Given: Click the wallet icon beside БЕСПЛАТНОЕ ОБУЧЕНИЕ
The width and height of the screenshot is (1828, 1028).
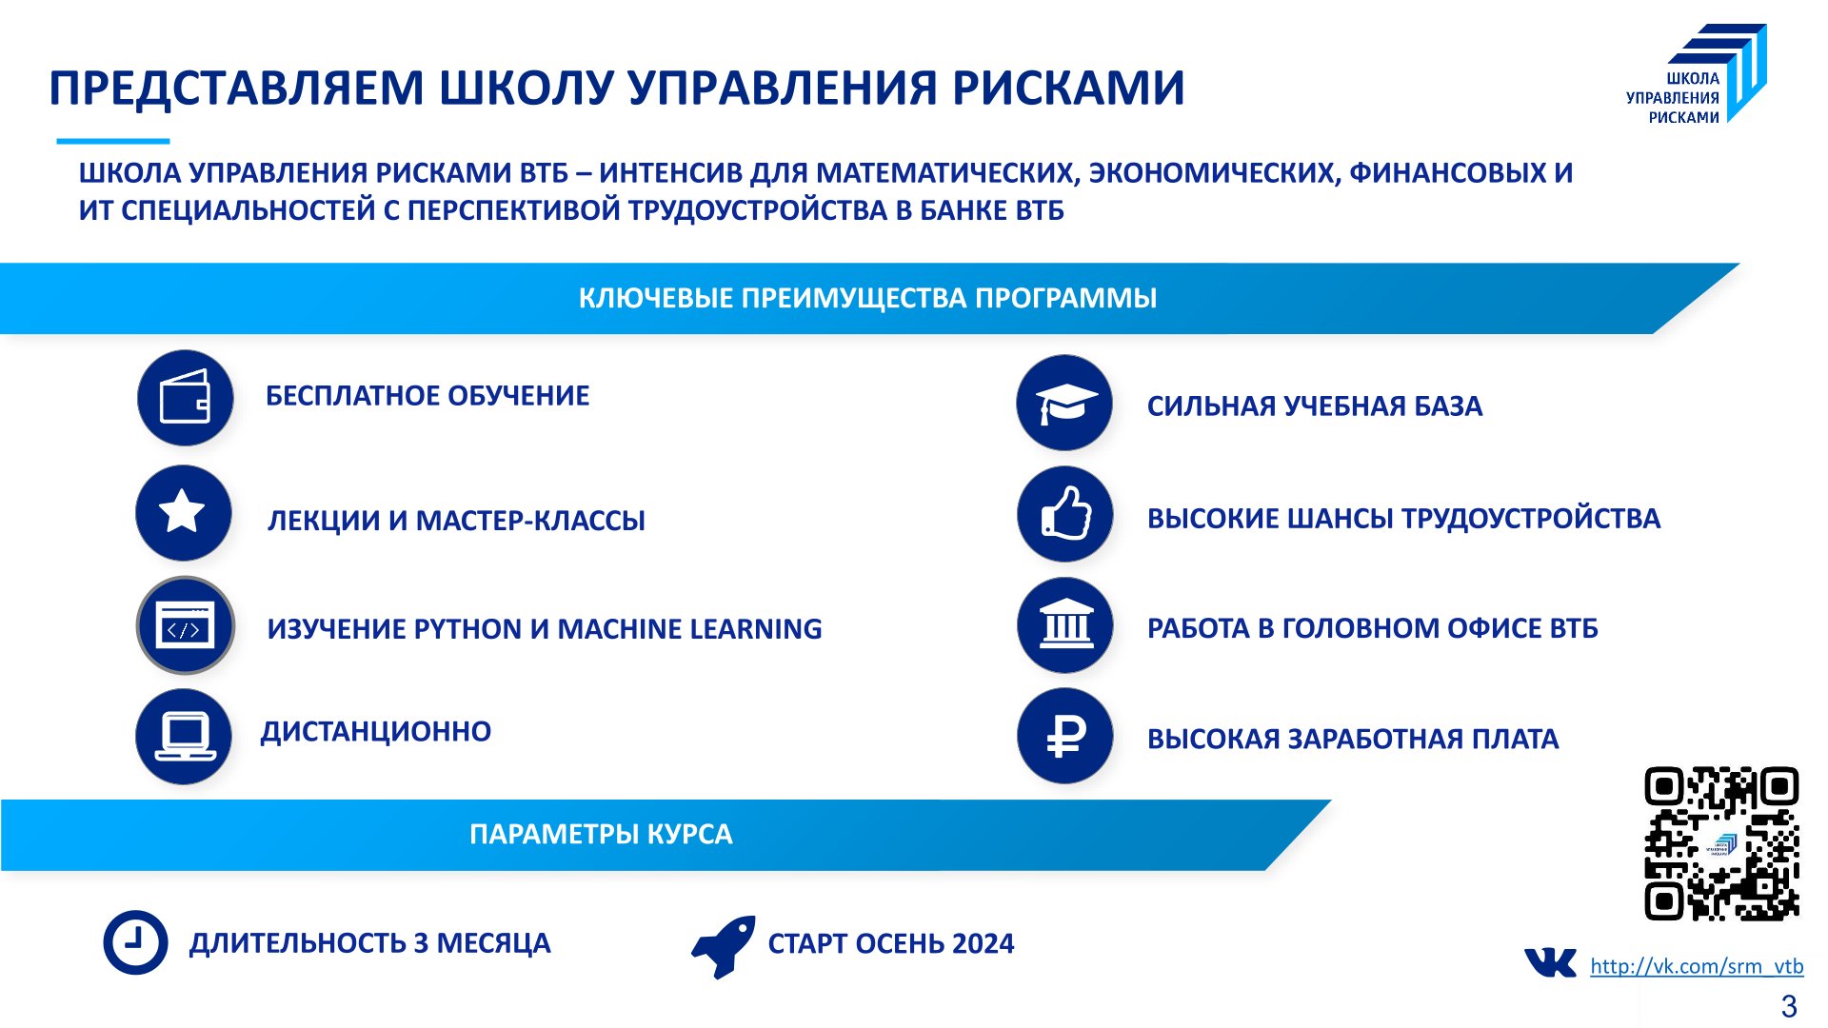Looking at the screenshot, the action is pos(186,398).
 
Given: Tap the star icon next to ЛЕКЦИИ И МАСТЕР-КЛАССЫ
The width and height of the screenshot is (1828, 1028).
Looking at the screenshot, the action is pos(184,513).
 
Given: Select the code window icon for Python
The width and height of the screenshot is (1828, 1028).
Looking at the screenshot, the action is pos(186,626).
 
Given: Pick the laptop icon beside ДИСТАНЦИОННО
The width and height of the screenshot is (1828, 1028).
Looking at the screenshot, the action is pos(184,737).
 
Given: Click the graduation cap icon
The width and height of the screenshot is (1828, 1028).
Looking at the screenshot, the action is pos(1064,403).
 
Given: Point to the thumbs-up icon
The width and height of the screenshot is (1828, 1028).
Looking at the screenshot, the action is pos(1065,514).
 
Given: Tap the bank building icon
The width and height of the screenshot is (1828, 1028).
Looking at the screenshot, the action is pos(1065,625).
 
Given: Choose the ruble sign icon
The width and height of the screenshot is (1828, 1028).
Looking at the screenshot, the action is pos(1065,736).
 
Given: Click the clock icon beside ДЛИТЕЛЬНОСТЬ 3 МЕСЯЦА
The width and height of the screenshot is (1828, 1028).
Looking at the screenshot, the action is pos(135,942).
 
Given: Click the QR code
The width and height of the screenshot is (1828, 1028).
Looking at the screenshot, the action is pos(1721,843).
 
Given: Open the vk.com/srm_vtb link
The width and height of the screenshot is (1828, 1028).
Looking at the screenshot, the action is pos(1697,966).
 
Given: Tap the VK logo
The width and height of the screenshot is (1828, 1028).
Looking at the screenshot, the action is pos(1550,963).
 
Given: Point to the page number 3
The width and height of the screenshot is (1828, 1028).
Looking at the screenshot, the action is pos(1789,1006).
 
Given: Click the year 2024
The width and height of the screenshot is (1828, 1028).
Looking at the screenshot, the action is pos(983,943).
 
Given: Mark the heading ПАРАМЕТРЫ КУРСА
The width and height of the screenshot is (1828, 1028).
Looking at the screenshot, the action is pos(601,835).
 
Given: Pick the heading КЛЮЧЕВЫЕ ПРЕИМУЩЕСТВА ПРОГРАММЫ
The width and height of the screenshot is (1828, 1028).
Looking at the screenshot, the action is pos(867,298).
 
